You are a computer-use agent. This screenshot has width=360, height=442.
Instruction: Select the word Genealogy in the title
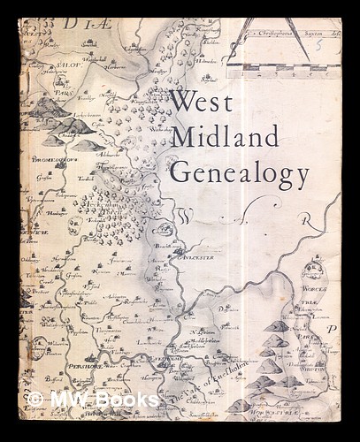coord(239,171)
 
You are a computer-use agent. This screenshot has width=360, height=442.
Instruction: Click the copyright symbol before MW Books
coord(35,400)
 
